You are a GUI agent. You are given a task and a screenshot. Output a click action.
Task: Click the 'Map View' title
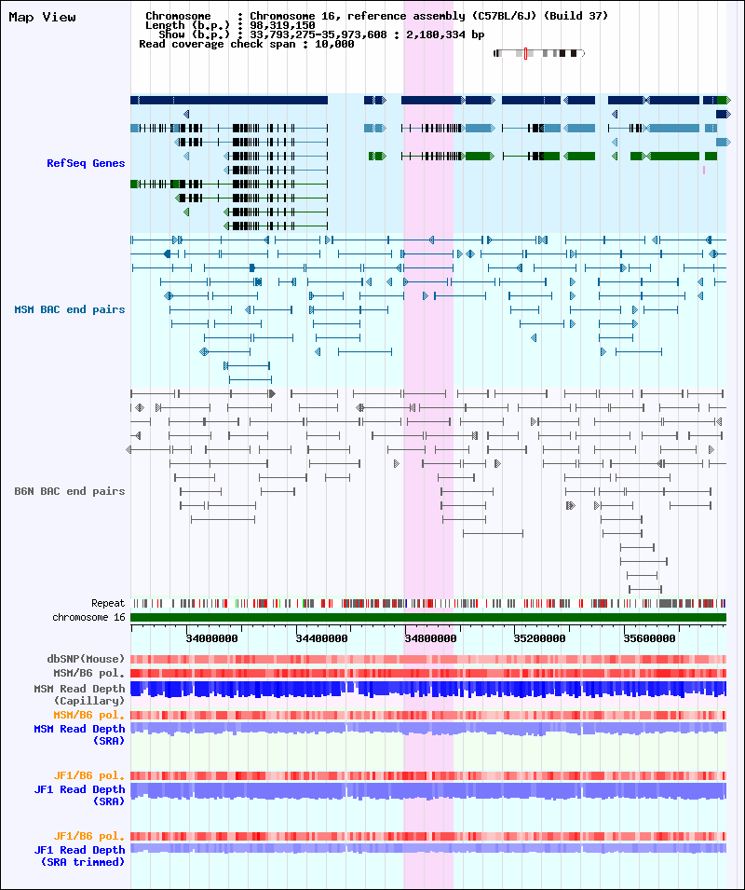coord(42,17)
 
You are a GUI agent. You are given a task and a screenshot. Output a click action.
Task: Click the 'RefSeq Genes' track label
coord(86,163)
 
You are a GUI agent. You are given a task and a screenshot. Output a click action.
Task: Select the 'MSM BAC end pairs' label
coord(69,309)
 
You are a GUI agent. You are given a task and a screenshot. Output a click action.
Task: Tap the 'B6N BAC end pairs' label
coord(69,491)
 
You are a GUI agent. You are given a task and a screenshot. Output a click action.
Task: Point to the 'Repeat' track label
coord(108,603)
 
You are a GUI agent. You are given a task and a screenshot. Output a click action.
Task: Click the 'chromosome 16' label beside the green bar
coord(88,617)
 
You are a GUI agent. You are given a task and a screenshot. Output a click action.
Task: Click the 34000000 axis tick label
coord(212,638)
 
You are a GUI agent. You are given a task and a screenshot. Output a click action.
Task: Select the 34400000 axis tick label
coord(321,638)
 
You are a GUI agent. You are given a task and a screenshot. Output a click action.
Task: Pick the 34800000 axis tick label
coord(430,638)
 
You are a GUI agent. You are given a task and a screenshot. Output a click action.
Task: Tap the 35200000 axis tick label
coord(540,638)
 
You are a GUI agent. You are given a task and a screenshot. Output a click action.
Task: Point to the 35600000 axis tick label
coord(650,638)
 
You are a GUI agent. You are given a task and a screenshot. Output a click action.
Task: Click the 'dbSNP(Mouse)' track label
coord(86,659)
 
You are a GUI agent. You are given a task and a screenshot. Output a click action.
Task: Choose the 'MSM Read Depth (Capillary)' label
coord(79,694)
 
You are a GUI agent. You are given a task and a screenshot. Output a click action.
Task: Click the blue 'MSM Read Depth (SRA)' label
coord(79,734)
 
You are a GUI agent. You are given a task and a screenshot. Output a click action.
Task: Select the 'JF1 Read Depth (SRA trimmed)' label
coord(79,856)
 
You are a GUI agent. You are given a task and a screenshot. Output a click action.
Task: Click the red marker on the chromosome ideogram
coord(525,53)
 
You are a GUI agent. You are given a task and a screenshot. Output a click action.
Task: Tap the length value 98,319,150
coord(282,25)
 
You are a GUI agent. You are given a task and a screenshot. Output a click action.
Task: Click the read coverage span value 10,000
coord(334,44)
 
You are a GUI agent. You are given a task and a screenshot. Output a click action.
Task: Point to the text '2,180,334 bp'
coord(445,34)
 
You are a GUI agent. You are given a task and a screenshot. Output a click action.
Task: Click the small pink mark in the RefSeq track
coord(704,170)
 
